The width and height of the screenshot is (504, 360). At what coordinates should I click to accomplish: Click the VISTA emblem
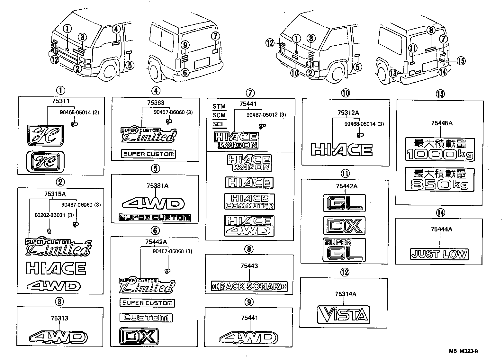[343, 314]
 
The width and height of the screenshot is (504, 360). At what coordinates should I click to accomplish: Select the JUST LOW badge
[439, 255]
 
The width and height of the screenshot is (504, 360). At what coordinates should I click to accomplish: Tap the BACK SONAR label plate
[249, 286]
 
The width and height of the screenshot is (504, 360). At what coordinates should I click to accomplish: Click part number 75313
[59, 318]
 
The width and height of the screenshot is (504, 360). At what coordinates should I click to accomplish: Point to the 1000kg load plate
[440, 149]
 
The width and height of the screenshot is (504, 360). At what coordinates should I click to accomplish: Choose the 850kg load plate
[440, 179]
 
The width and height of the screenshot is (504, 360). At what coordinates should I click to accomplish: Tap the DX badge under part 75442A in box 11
[344, 225]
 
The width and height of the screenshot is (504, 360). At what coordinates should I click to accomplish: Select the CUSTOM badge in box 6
[146, 318]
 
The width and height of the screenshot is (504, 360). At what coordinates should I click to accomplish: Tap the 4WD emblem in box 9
[248, 338]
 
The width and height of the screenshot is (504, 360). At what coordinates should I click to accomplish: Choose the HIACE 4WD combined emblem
[249, 225]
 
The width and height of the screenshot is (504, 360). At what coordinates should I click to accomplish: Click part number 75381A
[157, 185]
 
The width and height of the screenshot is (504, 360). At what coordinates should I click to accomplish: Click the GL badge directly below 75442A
[344, 203]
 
